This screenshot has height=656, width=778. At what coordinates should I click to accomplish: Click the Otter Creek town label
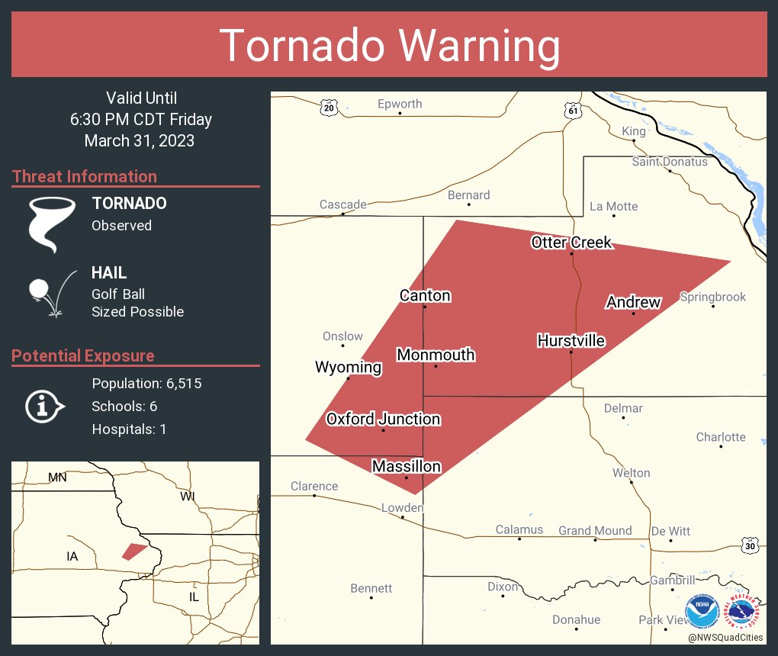tap(571, 243)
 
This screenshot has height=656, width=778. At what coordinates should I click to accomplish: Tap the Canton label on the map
tap(425, 296)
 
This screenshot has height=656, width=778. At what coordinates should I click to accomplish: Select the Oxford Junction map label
tap(383, 419)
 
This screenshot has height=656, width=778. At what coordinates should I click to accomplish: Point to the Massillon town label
tap(406, 466)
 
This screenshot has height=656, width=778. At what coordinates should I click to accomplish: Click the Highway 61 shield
tap(573, 111)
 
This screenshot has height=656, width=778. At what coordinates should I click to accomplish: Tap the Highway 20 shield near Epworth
tap(329, 108)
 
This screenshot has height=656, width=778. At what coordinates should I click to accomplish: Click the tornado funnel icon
tap(51, 223)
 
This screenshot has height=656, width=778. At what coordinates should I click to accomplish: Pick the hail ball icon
tap(39, 289)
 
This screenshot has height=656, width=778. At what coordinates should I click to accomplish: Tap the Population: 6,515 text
tap(146, 384)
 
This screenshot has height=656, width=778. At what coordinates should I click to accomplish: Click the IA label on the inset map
tap(72, 556)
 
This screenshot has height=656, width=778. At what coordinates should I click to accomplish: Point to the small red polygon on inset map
tap(134, 551)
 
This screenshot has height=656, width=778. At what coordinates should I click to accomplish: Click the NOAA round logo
tap(702, 612)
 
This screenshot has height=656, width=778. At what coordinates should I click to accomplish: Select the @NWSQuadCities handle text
tap(725, 637)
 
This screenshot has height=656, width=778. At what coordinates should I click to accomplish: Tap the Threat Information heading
tap(85, 176)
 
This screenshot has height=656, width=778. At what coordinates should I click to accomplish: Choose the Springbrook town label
tap(712, 297)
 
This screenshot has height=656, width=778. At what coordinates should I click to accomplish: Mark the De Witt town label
tap(670, 531)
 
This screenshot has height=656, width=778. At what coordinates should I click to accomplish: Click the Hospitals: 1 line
tap(129, 429)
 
